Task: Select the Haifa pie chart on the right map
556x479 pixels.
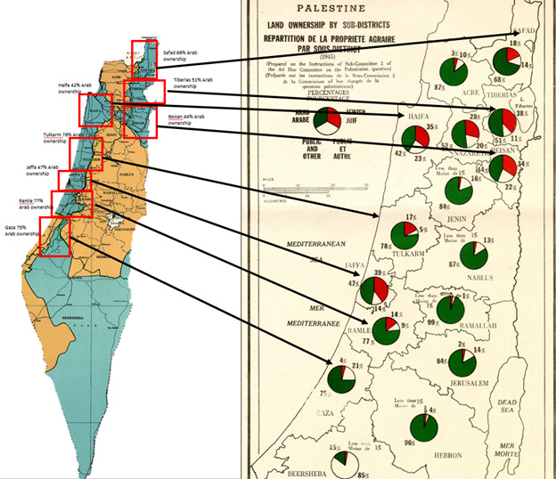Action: pos(416,138)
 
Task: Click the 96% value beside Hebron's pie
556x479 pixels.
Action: pos(411,443)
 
